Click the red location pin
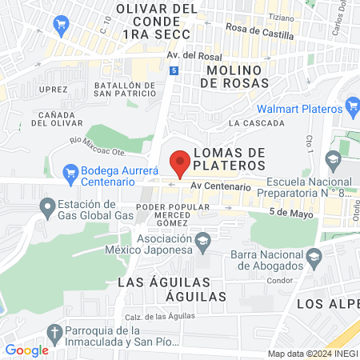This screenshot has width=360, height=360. [x=180, y=162]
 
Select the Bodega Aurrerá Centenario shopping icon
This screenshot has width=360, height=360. [x=70, y=172]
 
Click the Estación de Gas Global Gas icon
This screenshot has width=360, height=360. [x=46, y=208]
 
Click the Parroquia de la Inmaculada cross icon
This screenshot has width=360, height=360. [x=54, y=332]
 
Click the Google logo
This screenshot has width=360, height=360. [x=26, y=350]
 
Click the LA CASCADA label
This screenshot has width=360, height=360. [x=256, y=123]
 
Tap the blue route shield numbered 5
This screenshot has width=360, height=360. [x=174, y=70]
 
